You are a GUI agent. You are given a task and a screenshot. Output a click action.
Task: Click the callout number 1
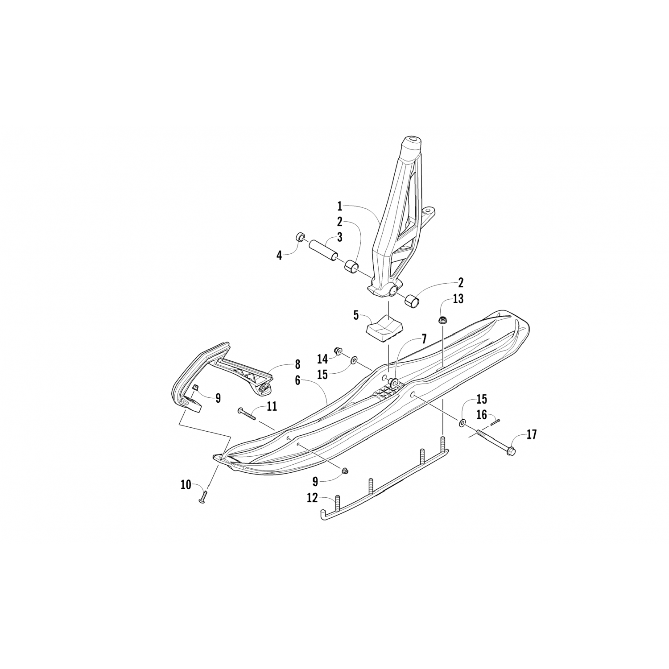click(340, 206)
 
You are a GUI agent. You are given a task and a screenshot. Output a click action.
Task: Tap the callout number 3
click(340, 237)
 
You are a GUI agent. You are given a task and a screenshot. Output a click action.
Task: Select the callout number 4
click(279, 256)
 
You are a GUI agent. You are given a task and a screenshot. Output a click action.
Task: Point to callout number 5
click(356, 315)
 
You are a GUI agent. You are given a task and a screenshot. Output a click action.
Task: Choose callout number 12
click(312, 498)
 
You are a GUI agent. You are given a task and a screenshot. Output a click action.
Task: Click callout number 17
click(532, 434)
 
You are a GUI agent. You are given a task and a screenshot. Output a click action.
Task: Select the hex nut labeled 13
click(443, 319)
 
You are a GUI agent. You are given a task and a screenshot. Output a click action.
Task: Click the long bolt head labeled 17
click(511, 451)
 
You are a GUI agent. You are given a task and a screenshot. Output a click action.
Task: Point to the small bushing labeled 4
click(300, 236)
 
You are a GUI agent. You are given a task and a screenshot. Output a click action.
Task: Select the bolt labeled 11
click(248, 414)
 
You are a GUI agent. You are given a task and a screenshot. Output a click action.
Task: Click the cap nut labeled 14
click(338, 351)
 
